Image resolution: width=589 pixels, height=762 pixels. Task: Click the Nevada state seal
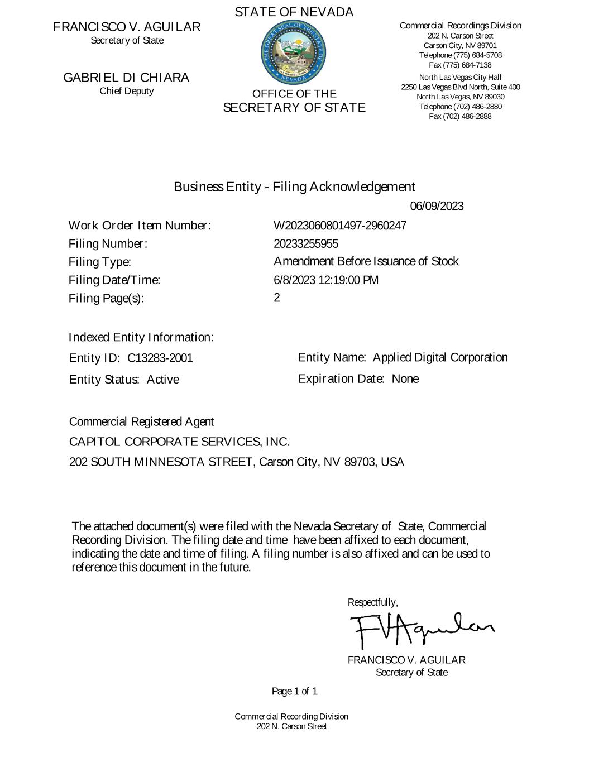click(x=294, y=53)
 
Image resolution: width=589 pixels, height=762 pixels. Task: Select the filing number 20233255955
click(x=306, y=244)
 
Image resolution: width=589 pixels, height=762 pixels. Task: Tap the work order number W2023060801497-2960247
click(x=340, y=226)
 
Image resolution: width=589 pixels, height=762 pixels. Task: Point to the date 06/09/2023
click(x=437, y=207)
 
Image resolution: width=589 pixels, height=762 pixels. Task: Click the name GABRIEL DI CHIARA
click(x=126, y=78)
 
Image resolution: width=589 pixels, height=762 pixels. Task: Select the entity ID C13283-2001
click(x=160, y=358)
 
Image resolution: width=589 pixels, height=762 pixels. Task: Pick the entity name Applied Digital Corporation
click(x=440, y=357)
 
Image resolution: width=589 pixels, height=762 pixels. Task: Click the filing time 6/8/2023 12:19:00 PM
click(x=326, y=280)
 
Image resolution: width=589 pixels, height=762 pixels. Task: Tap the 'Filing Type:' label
click(x=100, y=262)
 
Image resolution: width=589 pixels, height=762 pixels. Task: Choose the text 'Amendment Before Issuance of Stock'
click(x=366, y=262)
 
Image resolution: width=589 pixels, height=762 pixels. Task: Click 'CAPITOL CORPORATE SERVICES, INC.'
click(x=179, y=442)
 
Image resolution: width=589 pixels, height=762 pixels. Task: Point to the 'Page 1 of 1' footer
click(x=295, y=692)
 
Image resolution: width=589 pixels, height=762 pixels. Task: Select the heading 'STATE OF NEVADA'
click(x=294, y=12)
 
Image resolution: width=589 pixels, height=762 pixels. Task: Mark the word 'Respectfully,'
click(x=373, y=602)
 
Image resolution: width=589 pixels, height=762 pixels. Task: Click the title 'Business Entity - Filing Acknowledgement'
click(x=294, y=186)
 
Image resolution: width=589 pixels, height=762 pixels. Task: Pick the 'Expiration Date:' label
click(x=341, y=379)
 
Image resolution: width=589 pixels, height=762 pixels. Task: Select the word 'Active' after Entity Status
click(x=163, y=380)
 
